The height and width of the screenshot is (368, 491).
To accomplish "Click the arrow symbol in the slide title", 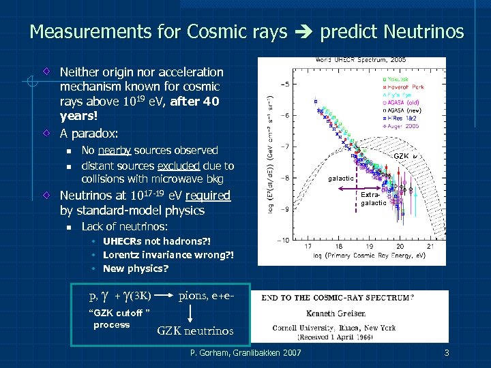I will click(303, 32).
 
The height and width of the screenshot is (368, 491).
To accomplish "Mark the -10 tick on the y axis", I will click(282, 239).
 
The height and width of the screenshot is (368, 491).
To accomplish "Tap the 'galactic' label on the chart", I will click(341, 178).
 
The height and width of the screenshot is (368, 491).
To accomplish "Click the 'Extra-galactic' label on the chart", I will click(373, 198).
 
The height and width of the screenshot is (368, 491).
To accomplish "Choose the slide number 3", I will click(446, 352).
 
